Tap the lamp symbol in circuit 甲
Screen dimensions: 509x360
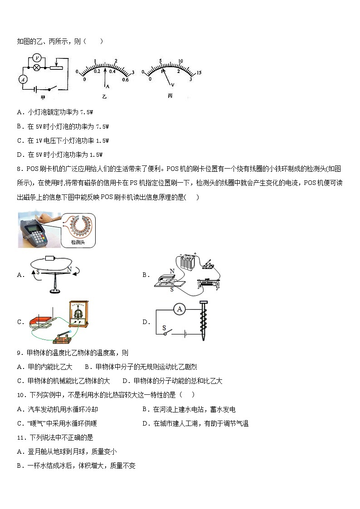pyautogui.click(x=38, y=68)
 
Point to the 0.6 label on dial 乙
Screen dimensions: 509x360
pyautogui.click(x=125, y=79)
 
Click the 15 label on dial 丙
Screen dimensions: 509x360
pyautogui.click(x=199, y=73)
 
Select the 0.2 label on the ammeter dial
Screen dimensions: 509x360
pyautogui.click(x=97, y=71)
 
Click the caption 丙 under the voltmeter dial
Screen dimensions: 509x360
pyautogui.click(x=170, y=96)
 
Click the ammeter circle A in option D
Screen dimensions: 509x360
pyautogui.click(x=180, y=309)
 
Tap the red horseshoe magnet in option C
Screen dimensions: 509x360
pyautogui.click(x=39, y=323)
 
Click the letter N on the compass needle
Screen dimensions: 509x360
pyautogui.click(x=69, y=269)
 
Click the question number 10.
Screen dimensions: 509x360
pyautogui.click(x=20, y=395)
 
